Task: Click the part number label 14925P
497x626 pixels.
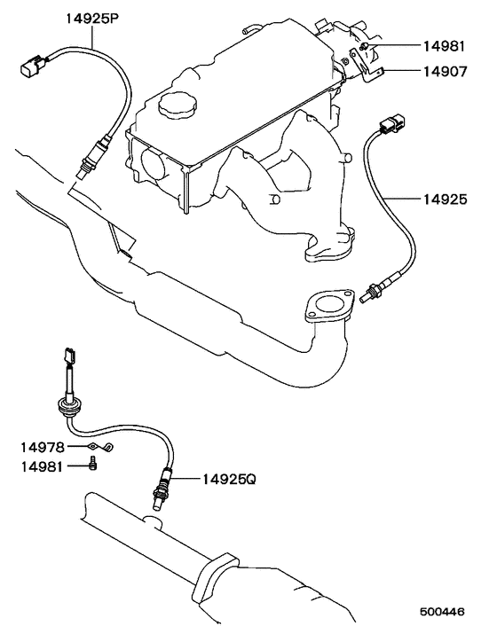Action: (x=92, y=19)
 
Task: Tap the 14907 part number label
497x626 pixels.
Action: (x=445, y=72)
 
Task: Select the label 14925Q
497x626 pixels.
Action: (x=229, y=479)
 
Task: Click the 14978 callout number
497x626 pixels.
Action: (x=43, y=448)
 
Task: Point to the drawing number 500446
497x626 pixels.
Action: (x=442, y=612)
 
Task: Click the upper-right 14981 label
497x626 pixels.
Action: (x=445, y=46)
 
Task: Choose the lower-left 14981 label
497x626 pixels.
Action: (x=42, y=466)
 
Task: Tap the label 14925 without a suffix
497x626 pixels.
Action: (x=445, y=200)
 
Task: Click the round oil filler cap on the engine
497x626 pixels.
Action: (x=177, y=105)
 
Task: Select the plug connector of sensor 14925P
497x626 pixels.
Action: (x=34, y=66)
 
